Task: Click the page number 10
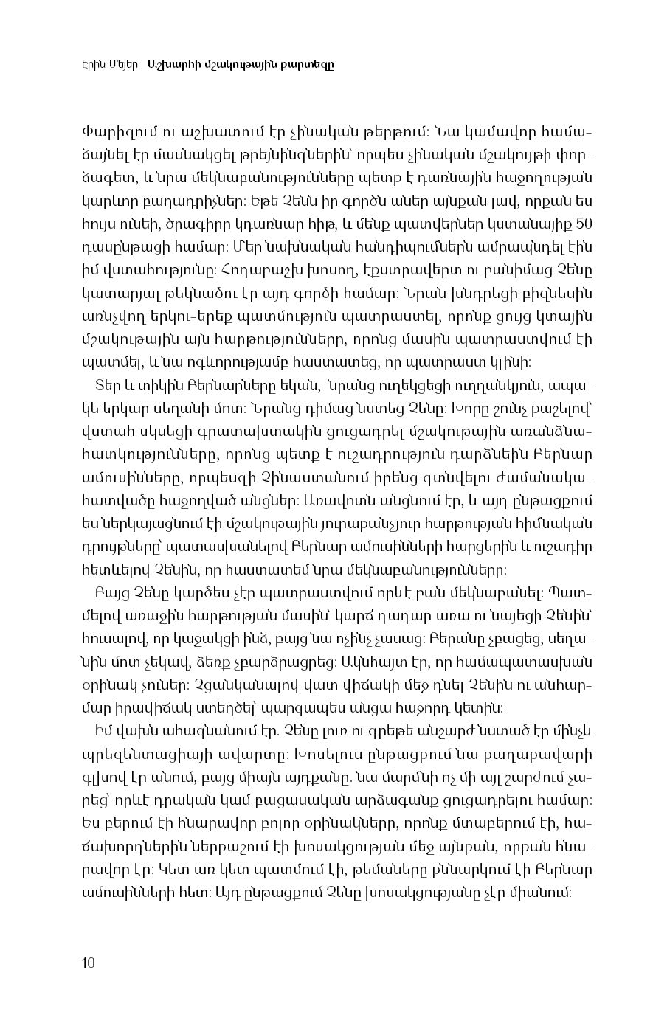click(88, 962)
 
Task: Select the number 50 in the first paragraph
click(583, 224)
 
